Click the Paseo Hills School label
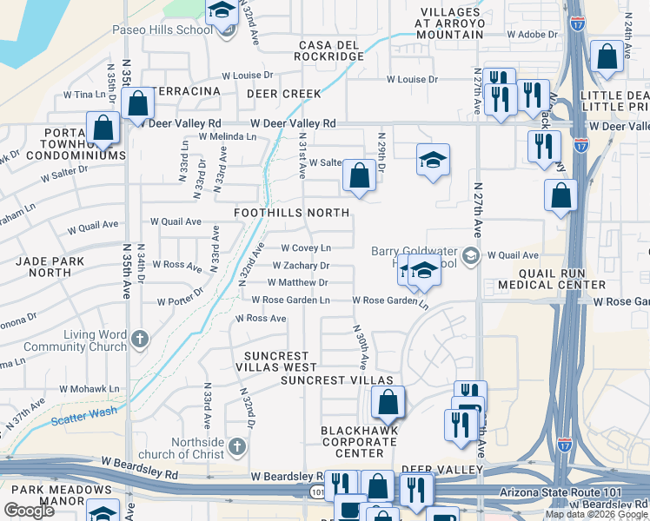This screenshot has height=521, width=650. coord(162,30)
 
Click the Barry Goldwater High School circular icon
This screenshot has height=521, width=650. coord(470,254)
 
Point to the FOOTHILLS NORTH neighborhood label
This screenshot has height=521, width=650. coord(291,213)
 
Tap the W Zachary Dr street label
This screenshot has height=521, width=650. coord(301,266)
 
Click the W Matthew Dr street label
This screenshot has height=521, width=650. coord(297,282)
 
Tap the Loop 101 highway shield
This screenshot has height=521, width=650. coord(315,491)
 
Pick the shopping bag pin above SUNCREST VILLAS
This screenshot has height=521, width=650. coord(388,402)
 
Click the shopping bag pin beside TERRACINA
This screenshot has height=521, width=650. coord(138,104)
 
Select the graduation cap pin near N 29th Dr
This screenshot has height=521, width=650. coord(432,160)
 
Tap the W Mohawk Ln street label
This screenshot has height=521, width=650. coord(84,389)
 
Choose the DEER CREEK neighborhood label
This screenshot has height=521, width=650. coord(283,94)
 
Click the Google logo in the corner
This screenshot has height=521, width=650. coord(29,511)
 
